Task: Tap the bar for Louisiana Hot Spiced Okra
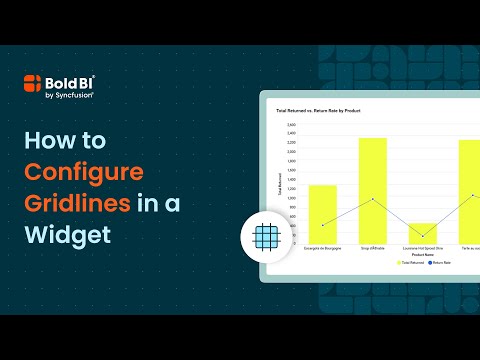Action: (x=423, y=235)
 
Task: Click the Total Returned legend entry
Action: (x=413, y=262)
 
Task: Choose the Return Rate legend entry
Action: (x=444, y=262)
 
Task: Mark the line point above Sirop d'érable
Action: (x=373, y=199)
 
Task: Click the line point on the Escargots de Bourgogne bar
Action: (x=322, y=225)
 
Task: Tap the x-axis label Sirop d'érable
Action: (x=373, y=249)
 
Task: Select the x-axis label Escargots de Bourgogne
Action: (x=321, y=249)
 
